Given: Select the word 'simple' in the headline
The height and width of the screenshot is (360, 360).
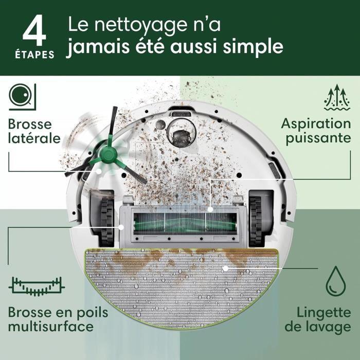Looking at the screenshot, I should click(256, 47).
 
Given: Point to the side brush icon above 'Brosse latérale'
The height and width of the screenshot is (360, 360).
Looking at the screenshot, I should click(20, 97).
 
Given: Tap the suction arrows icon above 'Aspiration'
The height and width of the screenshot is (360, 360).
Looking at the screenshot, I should click(337, 98).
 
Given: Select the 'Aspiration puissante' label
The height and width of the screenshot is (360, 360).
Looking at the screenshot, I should click(315, 131).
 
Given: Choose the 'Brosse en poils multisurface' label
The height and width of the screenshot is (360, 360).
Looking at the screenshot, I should click(58, 319).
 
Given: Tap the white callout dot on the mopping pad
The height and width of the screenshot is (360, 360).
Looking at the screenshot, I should click(225, 268).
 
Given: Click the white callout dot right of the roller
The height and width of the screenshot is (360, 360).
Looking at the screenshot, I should click(210, 209).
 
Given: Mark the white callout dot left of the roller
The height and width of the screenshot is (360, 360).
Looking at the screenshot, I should click(121, 226).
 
